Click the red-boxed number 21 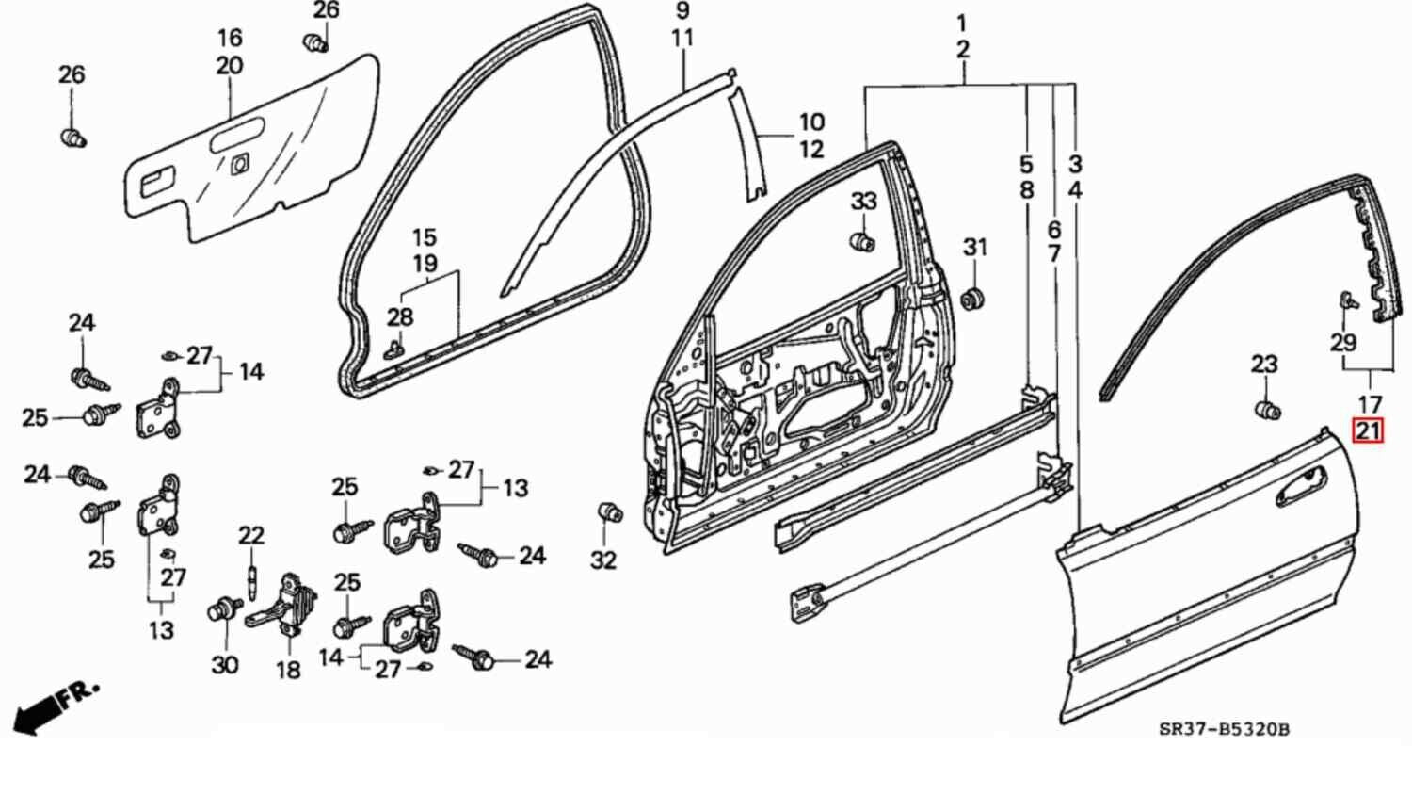coord(1368,432)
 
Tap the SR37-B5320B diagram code coord(1223,729)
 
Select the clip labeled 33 coord(862,241)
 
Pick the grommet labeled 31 coord(973,299)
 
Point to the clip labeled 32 coord(610,512)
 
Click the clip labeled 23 coord(1268,410)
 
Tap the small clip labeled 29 coord(1347,302)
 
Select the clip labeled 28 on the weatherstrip coord(395,349)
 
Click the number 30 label coord(224,665)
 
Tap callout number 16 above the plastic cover coord(230,39)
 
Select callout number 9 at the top coord(682,11)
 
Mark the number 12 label coord(811,149)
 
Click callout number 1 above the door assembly coord(961,23)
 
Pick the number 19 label coord(425,264)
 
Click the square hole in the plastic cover coord(238,163)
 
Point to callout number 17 coord(1369,405)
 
